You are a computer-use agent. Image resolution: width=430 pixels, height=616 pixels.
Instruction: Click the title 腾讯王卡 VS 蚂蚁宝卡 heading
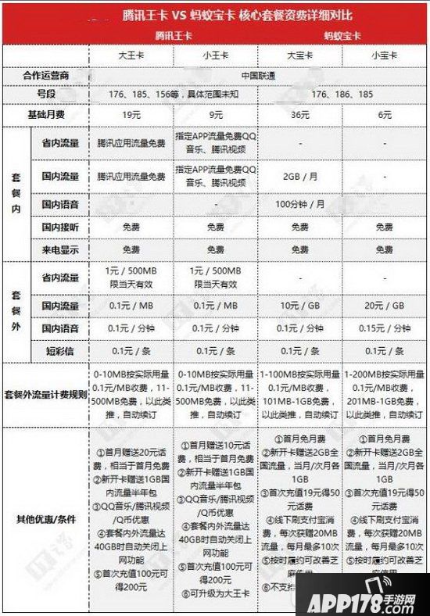(214, 15)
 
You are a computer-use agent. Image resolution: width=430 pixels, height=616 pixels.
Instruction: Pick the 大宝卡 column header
(300, 56)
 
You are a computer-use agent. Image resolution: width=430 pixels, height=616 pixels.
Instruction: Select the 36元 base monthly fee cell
(300, 116)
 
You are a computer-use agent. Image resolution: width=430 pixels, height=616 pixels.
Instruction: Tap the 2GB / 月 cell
(300, 176)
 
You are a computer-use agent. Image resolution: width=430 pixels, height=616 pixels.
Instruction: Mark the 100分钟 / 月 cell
(300, 205)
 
